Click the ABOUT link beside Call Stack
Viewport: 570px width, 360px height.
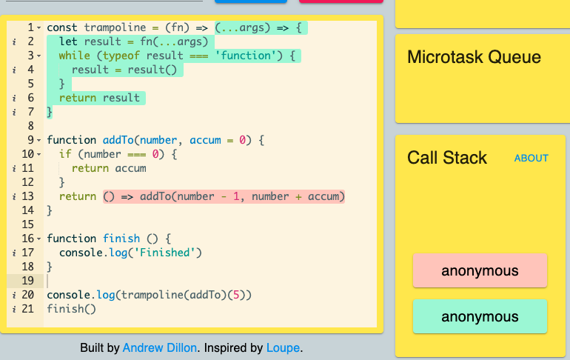point(531,159)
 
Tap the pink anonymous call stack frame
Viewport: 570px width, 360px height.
point(480,270)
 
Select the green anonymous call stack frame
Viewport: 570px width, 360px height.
point(480,316)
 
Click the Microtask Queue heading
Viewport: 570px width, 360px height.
point(474,57)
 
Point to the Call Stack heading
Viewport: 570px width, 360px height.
point(447,158)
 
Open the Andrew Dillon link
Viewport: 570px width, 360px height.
point(160,348)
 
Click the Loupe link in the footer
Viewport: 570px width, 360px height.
point(284,348)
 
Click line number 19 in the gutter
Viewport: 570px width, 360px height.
point(27,281)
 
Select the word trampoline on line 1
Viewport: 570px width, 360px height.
point(115,27)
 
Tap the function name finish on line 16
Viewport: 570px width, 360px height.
point(121,239)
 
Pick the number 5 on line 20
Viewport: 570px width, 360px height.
point(236,295)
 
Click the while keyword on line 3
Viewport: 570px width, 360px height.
point(75,56)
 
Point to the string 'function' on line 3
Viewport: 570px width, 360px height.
point(246,56)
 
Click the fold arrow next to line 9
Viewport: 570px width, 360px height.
point(39,140)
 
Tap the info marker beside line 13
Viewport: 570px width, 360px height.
point(14,197)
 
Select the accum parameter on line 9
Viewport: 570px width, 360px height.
point(205,140)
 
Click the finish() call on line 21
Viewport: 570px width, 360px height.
point(72,309)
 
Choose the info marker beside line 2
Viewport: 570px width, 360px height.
point(14,41)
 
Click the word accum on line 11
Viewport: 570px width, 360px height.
point(130,168)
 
